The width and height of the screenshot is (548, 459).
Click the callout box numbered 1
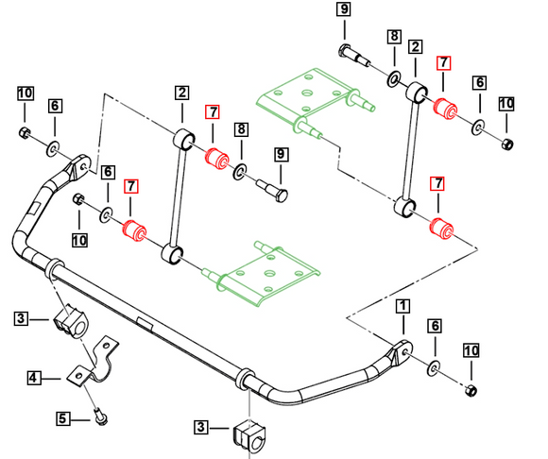point(402,306)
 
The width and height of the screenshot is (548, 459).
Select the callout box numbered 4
point(33,378)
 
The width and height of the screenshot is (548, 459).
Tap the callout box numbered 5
point(62,418)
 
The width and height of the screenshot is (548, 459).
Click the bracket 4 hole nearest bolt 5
point(79,376)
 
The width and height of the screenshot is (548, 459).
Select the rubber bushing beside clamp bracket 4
point(71,322)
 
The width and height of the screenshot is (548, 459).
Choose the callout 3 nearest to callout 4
point(21,318)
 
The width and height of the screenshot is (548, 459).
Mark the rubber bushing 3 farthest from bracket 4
point(249,436)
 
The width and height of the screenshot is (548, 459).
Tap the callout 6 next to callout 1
point(435,326)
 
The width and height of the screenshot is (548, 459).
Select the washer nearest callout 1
point(434,367)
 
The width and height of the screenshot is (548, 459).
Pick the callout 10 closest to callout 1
point(471,350)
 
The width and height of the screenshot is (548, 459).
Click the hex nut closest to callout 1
point(471,390)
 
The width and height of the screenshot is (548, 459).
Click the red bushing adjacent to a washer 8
point(216,159)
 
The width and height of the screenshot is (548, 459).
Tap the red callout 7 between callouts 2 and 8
point(213,111)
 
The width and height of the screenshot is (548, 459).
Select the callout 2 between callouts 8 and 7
point(415,46)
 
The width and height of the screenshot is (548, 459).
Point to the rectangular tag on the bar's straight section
point(146,323)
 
